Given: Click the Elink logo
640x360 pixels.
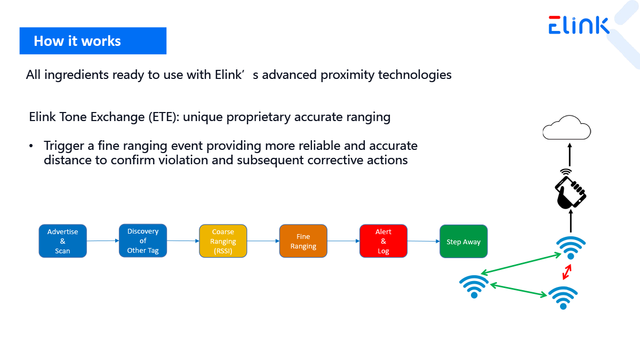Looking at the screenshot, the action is click(x=579, y=25).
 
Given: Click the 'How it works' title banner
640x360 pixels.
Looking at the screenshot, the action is click(x=93, y=41).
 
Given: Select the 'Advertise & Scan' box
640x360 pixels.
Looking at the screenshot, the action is click(x=62, y=241).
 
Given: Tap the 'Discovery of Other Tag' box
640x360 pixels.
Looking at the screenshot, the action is click(x=143, y=241).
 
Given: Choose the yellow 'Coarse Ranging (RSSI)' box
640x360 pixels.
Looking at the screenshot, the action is click(x=223, y=241).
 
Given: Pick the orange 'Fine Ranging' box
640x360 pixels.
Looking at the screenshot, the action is click(x=303, y=241).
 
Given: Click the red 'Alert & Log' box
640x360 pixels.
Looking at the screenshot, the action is click(x=383, y=241).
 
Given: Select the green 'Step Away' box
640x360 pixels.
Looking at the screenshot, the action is click(x=463, y=242).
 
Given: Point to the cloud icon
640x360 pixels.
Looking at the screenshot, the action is click(x=567, y=127).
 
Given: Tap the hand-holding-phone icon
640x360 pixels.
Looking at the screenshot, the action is click(x=570, y=190).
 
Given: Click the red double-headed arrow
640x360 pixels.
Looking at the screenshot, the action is click(x=567, y=271).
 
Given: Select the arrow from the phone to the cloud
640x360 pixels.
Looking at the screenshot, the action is click(x=570, y=155).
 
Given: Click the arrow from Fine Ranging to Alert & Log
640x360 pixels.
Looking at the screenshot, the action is click(x=343, y=241).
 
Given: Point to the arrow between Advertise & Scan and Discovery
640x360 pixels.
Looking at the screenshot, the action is click(x=103, y=241).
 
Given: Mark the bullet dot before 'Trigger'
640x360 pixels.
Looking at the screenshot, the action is click(x=31, y=146).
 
